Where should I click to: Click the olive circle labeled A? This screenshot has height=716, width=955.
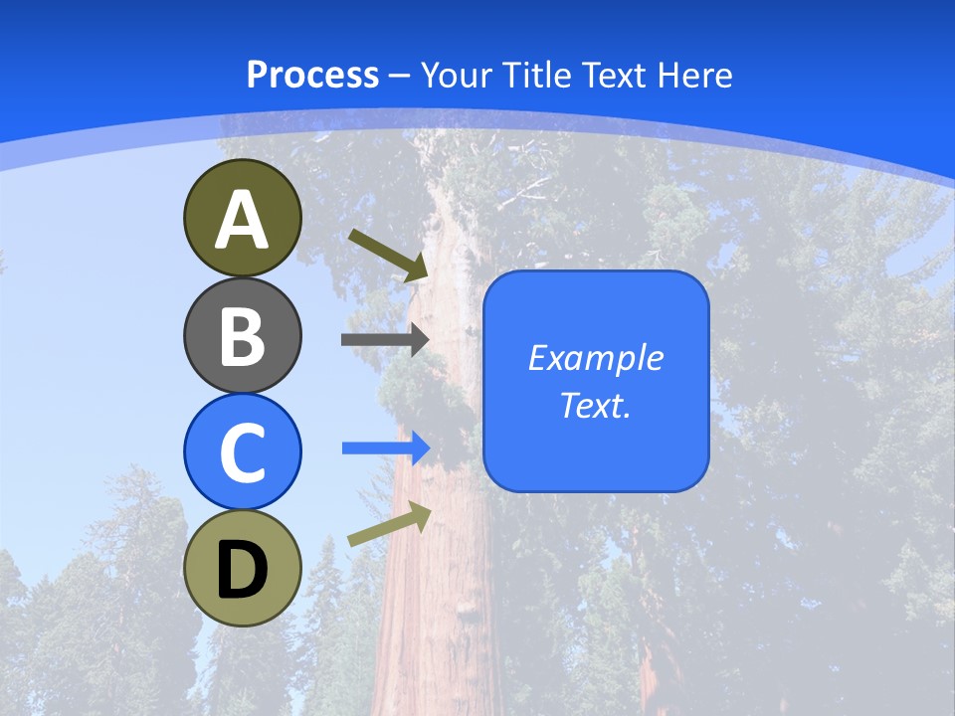[242, 218]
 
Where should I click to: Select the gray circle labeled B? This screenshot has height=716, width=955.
[242, 335]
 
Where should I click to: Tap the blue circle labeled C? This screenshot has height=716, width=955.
[242, 451]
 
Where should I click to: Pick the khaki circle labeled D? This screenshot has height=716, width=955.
[242, 568]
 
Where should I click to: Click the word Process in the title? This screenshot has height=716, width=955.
[312, 75]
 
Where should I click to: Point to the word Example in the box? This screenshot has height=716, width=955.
[596, 358]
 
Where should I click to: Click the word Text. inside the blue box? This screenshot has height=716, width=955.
[596, 405]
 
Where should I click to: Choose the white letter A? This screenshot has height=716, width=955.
[242, 220]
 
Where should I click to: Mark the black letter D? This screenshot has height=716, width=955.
[242, 571]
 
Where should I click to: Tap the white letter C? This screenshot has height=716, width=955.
[242, 453]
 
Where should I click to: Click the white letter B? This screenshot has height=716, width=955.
[242, 337]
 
